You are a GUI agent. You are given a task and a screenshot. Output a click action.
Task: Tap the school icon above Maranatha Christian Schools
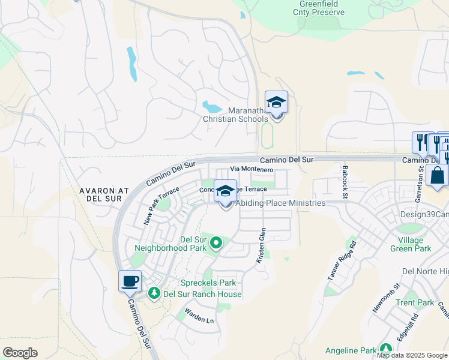pos(276,102)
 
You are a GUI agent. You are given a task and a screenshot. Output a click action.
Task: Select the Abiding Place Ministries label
pos(280,203)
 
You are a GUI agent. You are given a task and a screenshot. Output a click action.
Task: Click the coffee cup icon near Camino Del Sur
pos(130,281)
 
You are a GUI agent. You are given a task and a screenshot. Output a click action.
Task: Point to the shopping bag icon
pos(437,176)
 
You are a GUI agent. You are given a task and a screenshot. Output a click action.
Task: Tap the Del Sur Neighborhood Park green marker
pos(216,243)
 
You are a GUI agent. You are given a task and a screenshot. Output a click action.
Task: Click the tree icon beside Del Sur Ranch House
pos(154,293)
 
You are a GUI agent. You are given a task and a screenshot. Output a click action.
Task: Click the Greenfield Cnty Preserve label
pos(318,8)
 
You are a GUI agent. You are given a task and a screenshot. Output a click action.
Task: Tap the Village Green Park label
pos(410,244)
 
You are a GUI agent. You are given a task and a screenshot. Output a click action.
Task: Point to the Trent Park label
pos(414,302)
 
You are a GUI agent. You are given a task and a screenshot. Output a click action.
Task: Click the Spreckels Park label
pos(208,283)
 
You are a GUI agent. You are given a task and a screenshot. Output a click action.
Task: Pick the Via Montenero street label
pos(253,170)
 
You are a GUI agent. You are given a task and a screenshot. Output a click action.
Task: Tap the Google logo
pos(20,353)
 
